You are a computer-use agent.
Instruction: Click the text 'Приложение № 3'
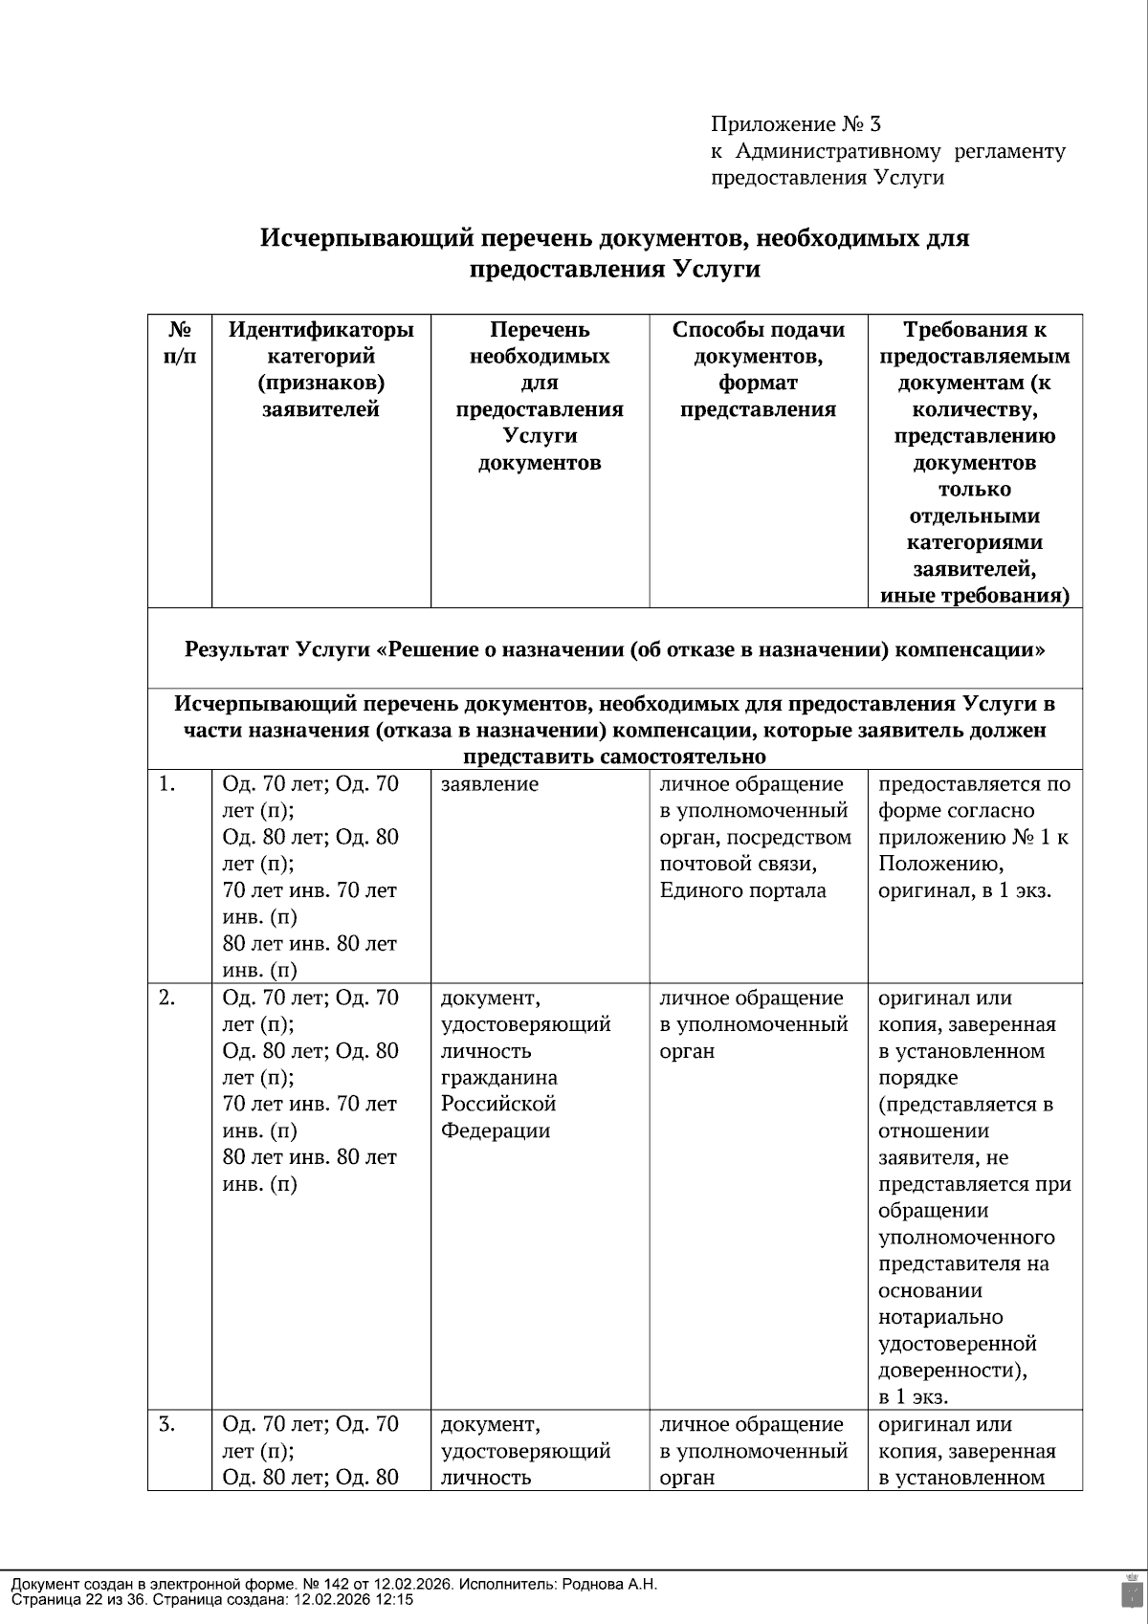coord(795,124)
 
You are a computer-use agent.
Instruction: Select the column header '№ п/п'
coord(179,343)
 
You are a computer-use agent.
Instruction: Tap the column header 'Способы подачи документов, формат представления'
coord(758,370)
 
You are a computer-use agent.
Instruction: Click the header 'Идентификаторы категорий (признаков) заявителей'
coord(320,370)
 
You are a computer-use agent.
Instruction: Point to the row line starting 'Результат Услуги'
coord(614,650)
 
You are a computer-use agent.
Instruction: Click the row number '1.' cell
coord(167,784)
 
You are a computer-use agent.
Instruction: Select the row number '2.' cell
coord(167,998)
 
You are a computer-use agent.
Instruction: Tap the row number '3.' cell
coord(167,1424)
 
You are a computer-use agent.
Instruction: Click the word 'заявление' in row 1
coord(489,784)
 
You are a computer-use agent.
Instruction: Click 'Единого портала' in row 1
coord(742,890)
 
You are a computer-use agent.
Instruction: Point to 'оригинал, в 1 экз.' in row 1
coord(964,890)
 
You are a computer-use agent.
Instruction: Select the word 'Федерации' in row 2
coord(495,1130)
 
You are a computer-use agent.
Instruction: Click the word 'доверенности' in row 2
coord(950,1370)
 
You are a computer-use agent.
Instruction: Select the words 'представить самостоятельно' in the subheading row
coord(614,757)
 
